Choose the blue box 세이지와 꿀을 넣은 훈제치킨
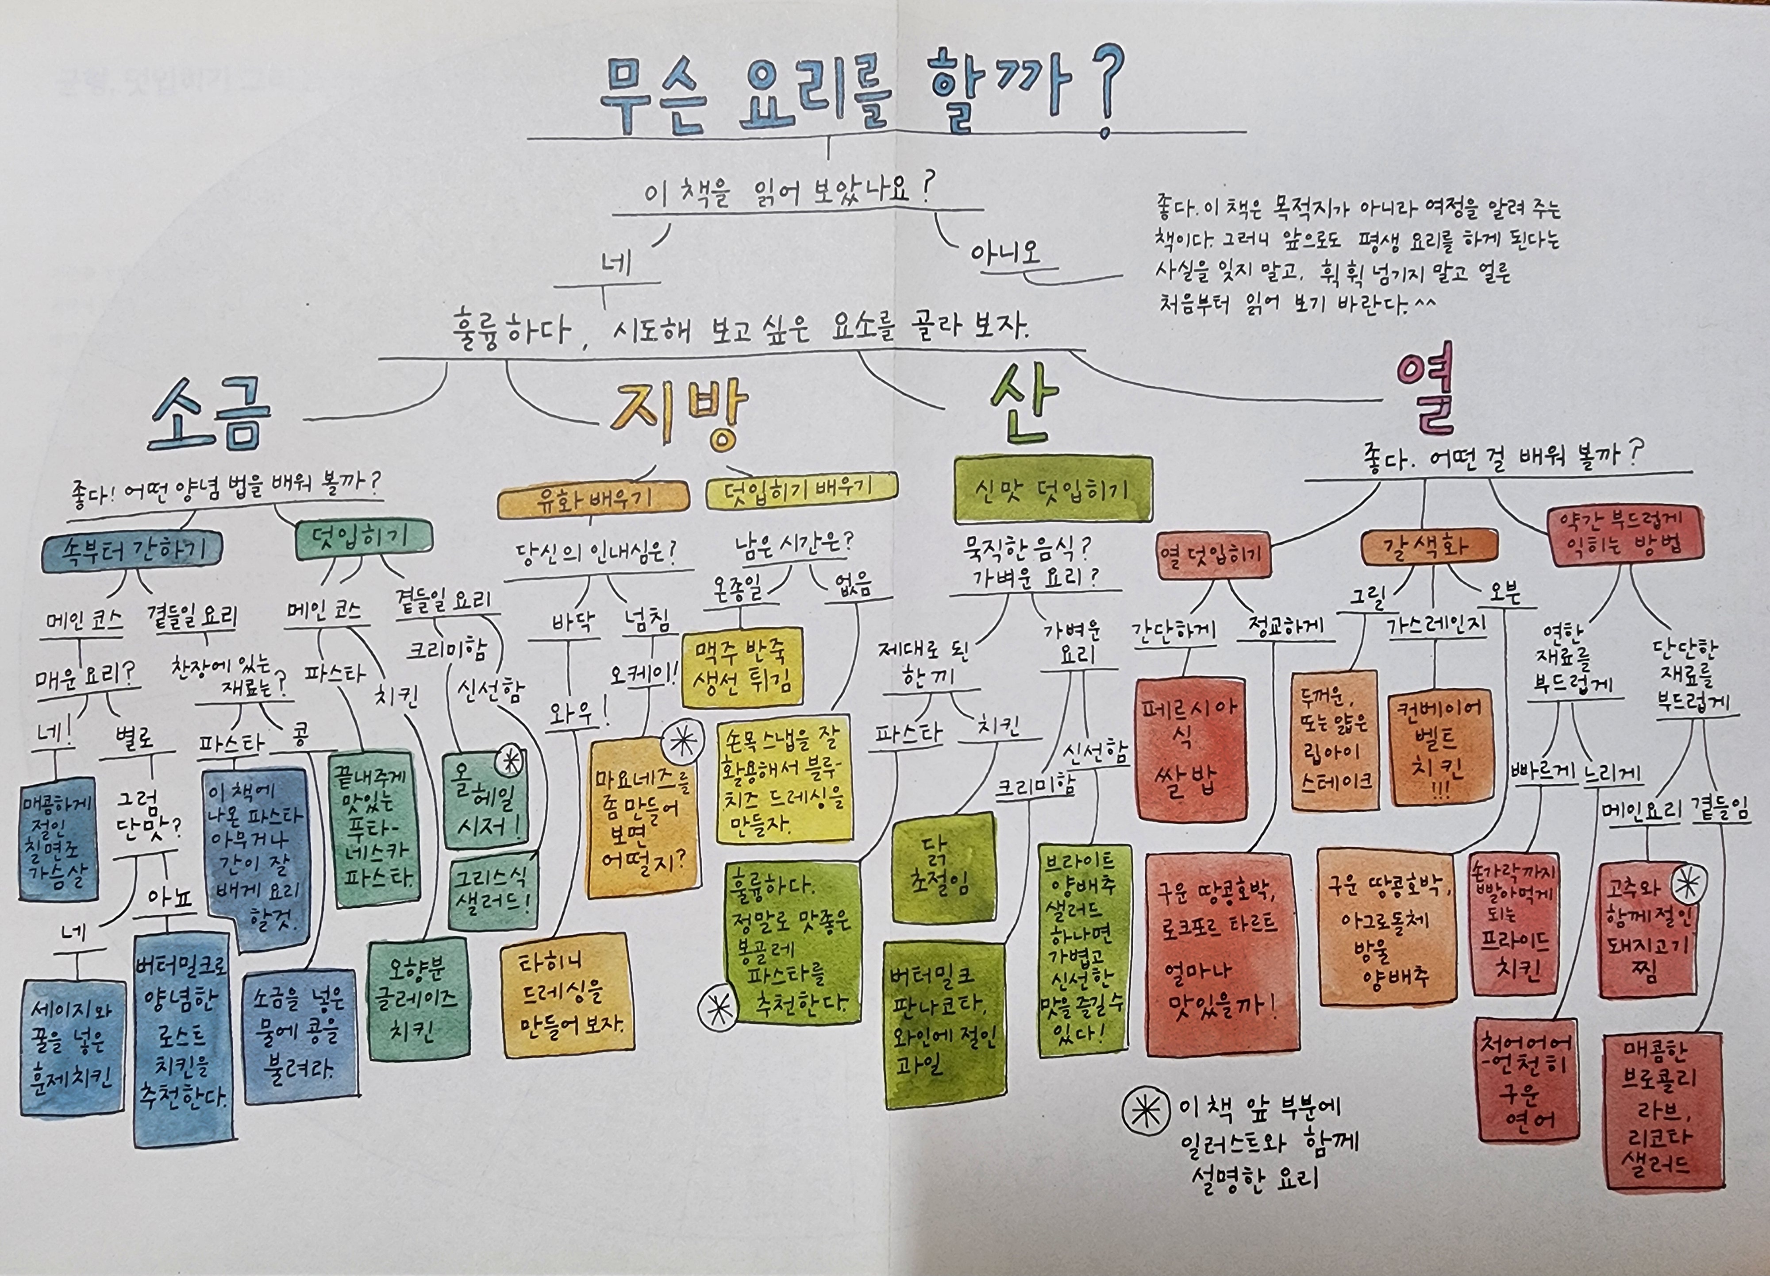pos(72,1046)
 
